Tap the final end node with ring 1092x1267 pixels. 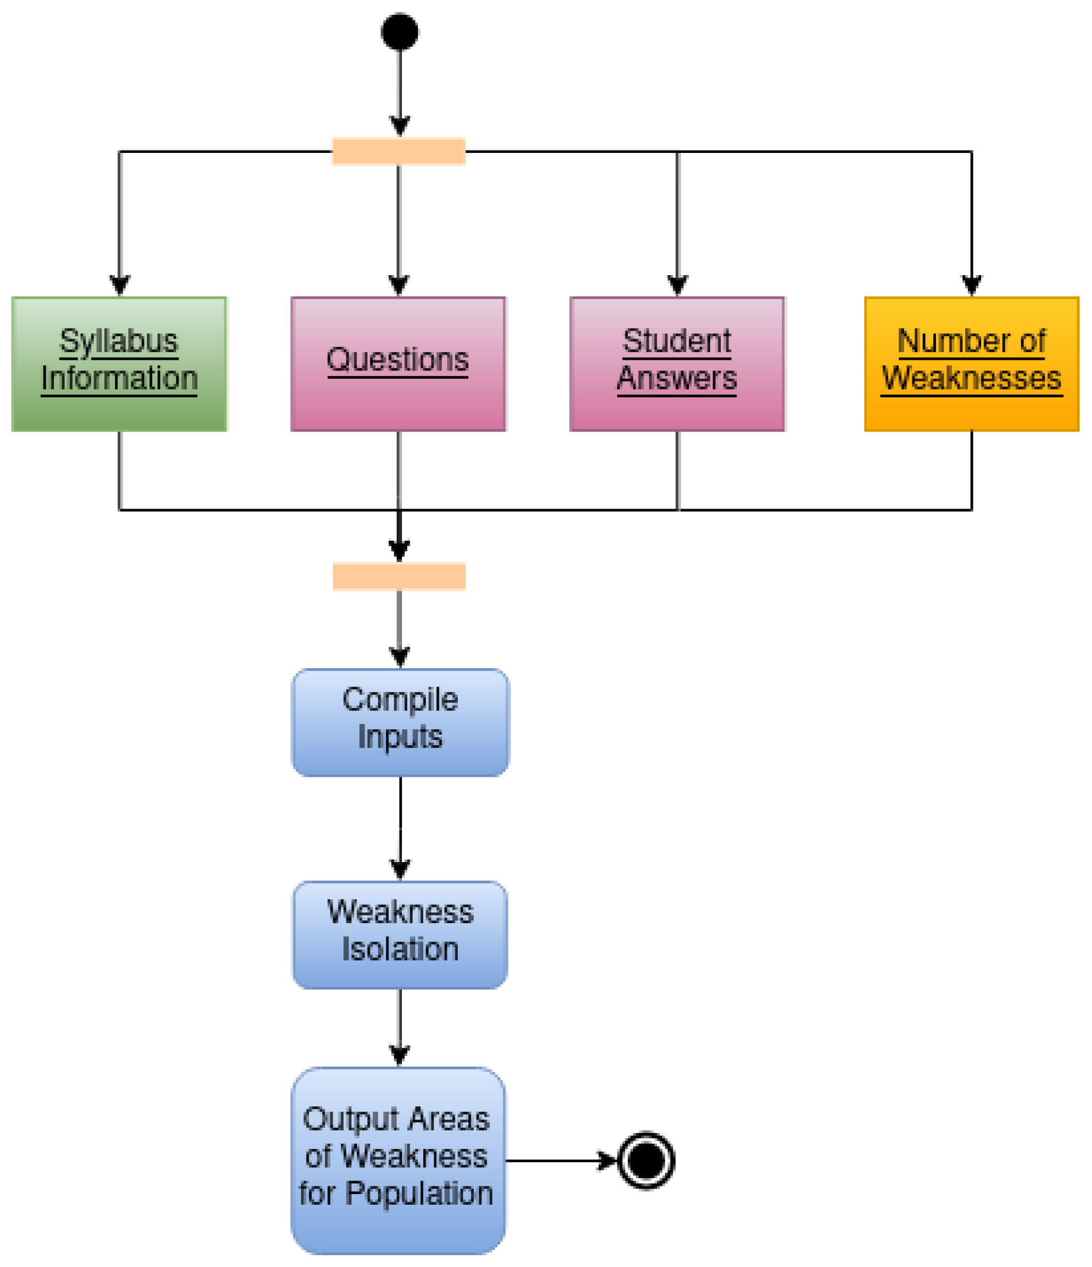coord(646,1160)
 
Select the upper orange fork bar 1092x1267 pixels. coord(398,151)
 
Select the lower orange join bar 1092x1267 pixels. coord(398,576)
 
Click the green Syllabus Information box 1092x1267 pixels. coord(119,364)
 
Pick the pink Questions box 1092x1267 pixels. coord(398,364)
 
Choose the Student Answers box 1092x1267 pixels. coord(677,364)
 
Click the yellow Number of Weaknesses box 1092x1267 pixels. coord(971,364)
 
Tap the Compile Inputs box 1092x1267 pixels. coord(400,722)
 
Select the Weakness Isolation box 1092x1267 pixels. coord(400,934)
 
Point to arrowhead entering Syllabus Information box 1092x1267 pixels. coord(119,285)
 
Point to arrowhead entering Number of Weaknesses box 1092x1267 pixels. coord(971,285)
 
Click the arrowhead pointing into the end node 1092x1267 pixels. coord(606,1160)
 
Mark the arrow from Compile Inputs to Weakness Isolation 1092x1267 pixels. coord(400,825)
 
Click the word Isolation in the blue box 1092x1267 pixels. coord(400,949)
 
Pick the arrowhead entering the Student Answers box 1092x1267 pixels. coord(677,285)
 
